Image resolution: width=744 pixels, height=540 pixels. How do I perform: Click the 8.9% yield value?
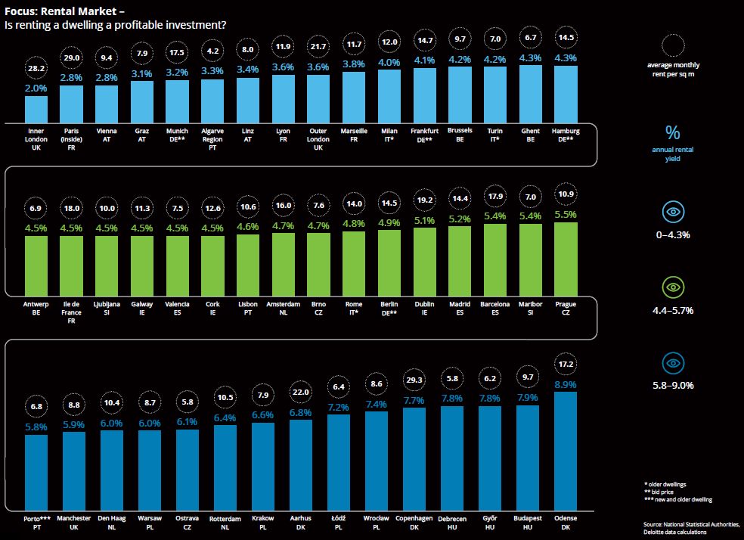pos(566,384)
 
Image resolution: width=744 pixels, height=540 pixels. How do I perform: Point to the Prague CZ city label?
pos(566,308)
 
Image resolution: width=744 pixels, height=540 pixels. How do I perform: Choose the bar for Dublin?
pos(424,262)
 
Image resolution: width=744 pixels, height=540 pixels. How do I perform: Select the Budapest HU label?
pos(528,522)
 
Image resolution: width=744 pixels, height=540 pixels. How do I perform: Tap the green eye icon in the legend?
pos(672,288)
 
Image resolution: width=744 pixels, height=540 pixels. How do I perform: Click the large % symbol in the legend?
pos(672,133)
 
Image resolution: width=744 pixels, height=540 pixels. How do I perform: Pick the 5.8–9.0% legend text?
pos(672,385)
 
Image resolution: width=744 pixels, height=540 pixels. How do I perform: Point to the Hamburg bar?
pos(566,94)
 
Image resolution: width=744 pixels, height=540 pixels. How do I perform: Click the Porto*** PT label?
pos(36,522)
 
